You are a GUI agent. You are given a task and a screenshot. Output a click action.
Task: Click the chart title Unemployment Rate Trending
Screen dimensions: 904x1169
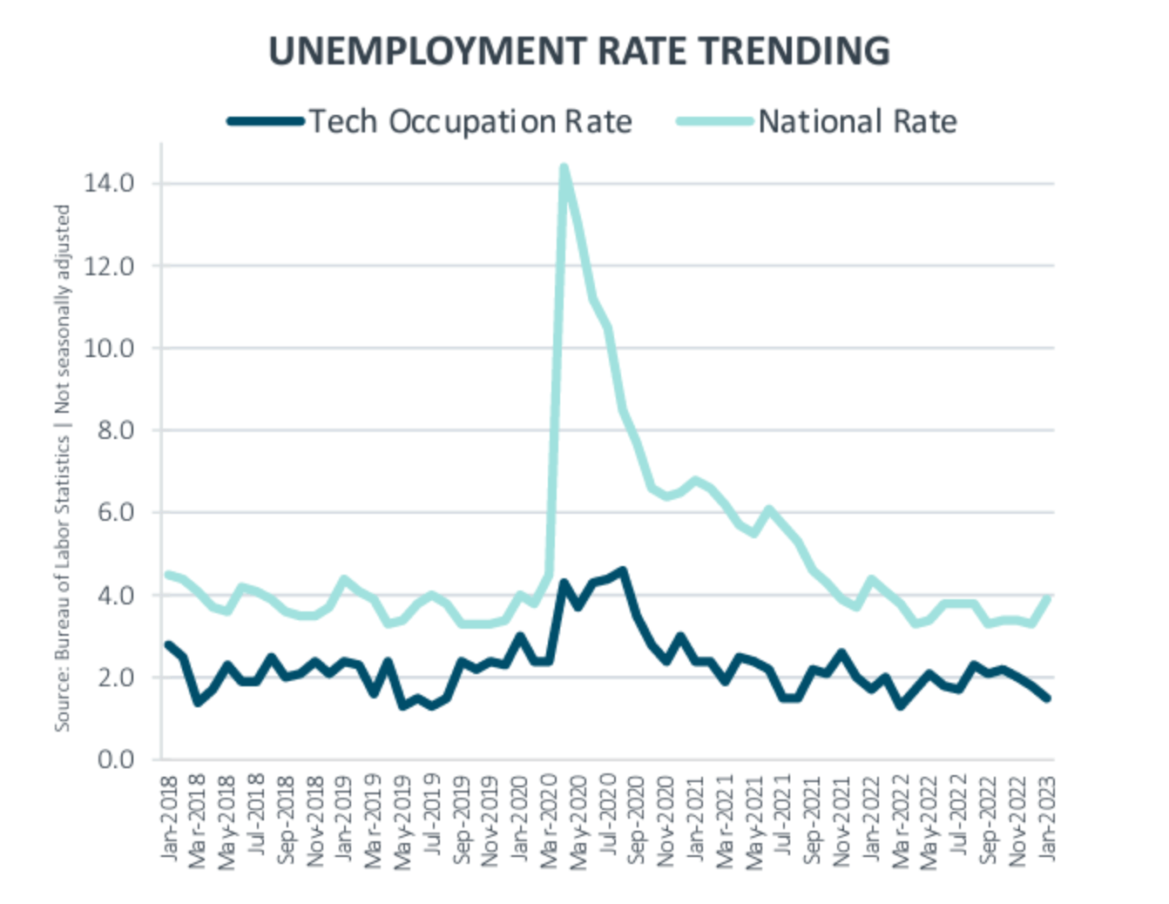[x=579, y=51]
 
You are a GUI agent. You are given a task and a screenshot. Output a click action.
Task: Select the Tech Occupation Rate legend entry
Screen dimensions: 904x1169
[x=470, y=121]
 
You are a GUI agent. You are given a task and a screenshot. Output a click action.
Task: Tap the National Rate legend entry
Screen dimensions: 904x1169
[x=857, y=121]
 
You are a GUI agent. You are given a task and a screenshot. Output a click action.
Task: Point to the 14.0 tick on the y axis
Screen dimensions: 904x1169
[x=109, y=183]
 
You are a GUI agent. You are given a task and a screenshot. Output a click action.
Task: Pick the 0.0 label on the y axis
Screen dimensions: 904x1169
[x=115, y=759]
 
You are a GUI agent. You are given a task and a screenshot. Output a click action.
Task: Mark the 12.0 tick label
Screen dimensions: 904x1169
[x=109, y=266]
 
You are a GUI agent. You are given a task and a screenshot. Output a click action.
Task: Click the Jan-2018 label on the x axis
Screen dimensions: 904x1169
[x=169, y=818]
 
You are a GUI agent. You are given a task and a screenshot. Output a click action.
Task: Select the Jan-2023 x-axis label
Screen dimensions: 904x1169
[x=1047, y=818]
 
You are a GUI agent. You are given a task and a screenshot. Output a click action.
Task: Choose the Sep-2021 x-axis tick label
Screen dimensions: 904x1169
[x=813, y=820]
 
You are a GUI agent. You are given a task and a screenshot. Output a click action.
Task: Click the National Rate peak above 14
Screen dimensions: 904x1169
[x=564, y=167]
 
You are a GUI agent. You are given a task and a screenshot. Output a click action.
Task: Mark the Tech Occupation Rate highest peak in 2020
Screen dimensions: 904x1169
[x=622, y=570]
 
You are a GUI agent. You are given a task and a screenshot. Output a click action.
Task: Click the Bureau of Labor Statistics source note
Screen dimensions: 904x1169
[x=62, y=468]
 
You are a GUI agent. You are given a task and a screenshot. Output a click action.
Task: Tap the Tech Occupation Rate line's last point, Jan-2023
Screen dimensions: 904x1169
[x=1047, y=698]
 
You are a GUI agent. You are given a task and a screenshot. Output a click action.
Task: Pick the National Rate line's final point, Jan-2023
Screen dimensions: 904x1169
[x=1047, y=597]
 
